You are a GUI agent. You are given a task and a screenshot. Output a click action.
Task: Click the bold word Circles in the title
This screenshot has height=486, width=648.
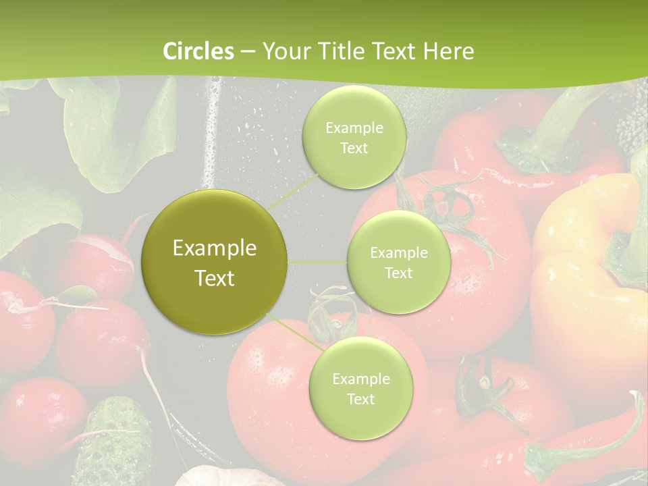click(x=198, y=51)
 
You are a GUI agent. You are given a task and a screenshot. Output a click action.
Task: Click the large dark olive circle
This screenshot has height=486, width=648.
click(x=215, y=262)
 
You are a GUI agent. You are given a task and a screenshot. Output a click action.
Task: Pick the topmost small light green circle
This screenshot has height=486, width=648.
click(x=354, y=137)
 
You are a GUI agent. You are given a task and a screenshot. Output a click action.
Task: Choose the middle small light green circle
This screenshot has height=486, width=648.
click(x=398, y=262)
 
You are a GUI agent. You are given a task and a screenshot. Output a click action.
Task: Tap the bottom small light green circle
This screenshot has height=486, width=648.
click(x=360, y=388)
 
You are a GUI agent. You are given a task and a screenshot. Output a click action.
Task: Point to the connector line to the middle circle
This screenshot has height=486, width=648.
click(x=317, y=261)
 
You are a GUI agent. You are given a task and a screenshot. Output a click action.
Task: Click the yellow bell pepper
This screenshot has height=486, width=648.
click(x=587, y=270)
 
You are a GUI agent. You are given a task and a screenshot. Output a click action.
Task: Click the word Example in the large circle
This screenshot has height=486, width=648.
click(x=215, y=248)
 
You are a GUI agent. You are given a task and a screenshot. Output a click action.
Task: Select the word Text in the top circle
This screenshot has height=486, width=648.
click(x=354, y=148)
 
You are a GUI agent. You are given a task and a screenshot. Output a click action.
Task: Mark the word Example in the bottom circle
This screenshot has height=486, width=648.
click(x=360, y=379)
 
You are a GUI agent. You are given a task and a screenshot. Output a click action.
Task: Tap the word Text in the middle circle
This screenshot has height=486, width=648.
click(x=398, y=273)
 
